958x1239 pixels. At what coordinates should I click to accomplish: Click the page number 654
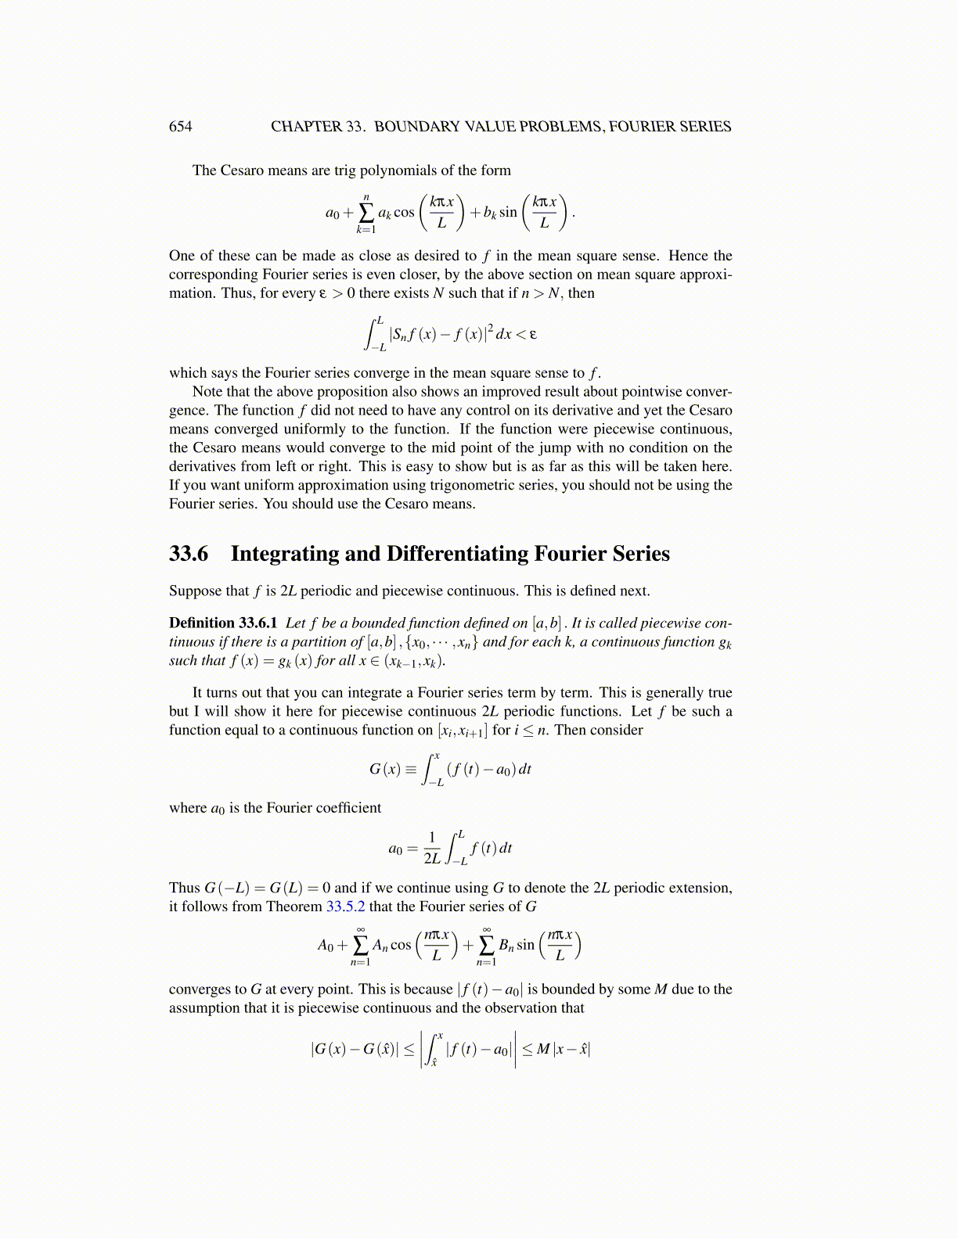(180, 127)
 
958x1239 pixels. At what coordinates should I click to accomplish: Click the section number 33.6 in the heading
(189, 554)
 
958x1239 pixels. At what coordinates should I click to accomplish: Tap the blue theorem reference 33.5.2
(345, 907)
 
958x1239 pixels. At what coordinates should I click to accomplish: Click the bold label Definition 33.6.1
(223, 623)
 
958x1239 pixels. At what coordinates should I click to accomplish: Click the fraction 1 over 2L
(432, 848)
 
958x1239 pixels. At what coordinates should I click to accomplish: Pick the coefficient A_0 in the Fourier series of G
(326, 946)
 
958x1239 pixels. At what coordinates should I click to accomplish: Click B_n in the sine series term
(506, 946)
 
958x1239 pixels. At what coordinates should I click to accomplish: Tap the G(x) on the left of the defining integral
(385, 770)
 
